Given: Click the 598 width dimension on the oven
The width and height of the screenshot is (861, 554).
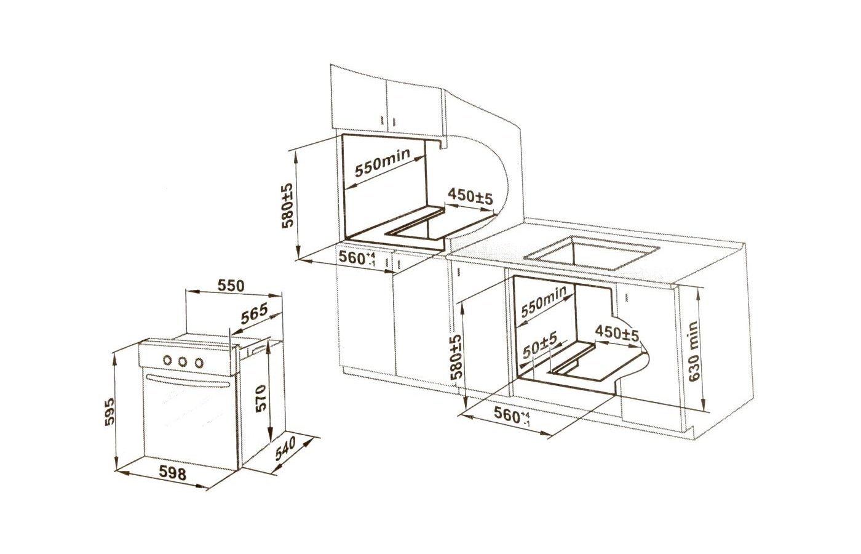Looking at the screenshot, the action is coord(173,473).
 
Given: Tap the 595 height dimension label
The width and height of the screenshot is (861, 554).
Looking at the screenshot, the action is coord(109,412).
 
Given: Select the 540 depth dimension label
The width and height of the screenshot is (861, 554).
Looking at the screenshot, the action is coord(285,449).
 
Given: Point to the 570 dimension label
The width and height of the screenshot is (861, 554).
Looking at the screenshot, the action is coord(261,398).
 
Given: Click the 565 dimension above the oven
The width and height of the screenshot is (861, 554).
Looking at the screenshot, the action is coord(254,314).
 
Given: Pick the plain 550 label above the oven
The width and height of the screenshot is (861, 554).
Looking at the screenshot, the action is coord(231,286).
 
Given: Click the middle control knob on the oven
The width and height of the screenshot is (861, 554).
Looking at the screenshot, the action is coord(183,362).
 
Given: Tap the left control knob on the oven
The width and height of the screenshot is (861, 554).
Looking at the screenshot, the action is coord(167,360).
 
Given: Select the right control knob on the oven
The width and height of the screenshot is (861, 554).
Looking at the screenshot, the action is coord(199,363).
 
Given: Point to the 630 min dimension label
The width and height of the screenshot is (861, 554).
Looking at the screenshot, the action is coord(694,351).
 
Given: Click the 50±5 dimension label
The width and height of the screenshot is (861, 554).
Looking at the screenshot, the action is coord(540,345).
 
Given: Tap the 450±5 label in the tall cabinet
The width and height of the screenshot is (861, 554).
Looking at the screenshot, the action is coord(470,196).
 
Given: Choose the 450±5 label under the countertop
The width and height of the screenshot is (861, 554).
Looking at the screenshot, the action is coord(617,332).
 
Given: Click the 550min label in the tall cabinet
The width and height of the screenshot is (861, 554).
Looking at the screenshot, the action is coord(383,163).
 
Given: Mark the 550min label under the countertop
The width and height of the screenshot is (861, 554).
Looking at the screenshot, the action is coord(543,301).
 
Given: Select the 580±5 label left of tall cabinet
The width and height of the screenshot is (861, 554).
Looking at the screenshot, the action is coord(288,206).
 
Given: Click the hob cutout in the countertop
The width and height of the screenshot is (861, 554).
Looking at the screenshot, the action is coord(592,253).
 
